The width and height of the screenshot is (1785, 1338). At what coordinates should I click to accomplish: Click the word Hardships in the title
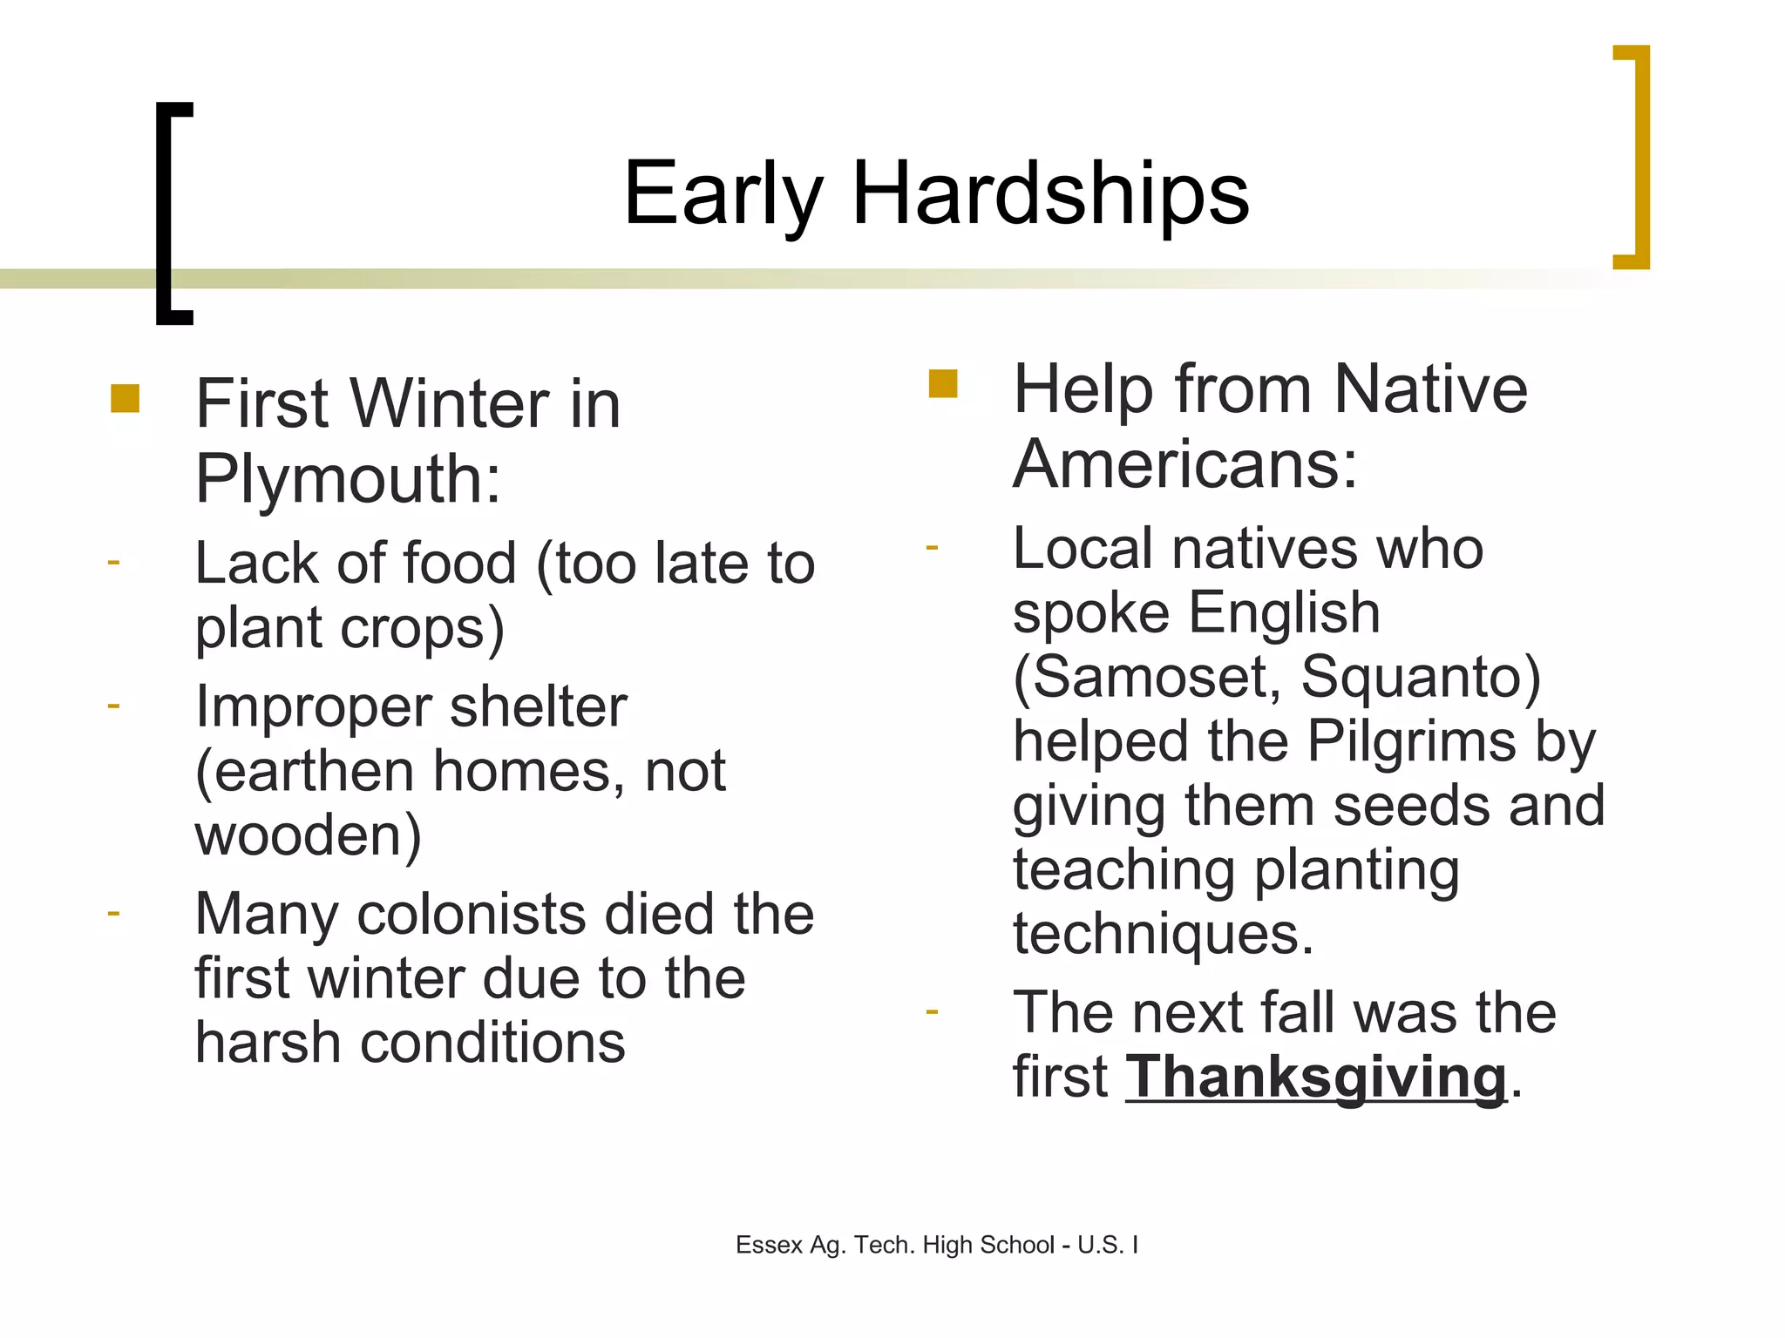[x=1049, y=193]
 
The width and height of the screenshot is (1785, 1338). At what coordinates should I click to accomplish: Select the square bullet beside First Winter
[x=126, y=399]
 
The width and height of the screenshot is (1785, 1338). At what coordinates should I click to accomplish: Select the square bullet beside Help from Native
[x=943, y=383]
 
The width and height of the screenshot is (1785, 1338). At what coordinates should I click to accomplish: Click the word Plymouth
[x=347, y=479]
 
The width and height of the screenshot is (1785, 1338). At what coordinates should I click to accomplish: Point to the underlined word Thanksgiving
[x=1316, y=1077]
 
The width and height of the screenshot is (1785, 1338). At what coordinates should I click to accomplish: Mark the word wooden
[x=308, y=835]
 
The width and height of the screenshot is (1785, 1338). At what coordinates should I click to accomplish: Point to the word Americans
[x=1184, y=463]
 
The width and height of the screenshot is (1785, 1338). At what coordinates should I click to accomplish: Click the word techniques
[x=1163, y=934]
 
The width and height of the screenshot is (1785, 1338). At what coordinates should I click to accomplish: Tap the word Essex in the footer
[x=768, y=1245]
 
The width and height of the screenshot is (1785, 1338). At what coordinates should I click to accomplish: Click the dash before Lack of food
[x=113, y=563]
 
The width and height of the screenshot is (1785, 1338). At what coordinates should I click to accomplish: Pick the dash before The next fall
[x=932, y=1011]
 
